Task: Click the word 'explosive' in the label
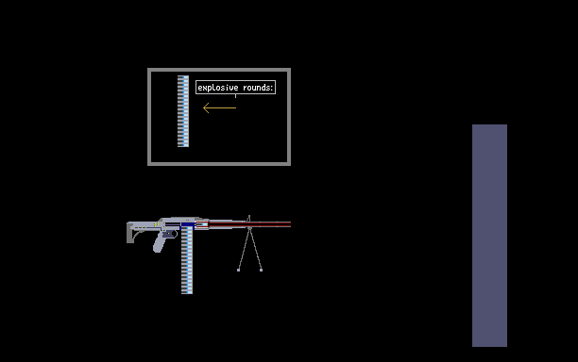tap(218, 88)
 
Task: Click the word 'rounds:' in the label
tap(258, 88)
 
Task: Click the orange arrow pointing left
tap(220, 107)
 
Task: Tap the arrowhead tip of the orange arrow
tap(203, 107)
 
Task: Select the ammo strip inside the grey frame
tap(183, 111)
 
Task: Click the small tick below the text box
tap(235, 96)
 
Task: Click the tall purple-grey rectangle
tap(489, 236)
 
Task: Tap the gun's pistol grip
tap(160, 243)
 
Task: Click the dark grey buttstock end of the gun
tap(130, 233)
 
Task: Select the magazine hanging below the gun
tap(187, 260)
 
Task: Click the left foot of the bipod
tap(239, 270)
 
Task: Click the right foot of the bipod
tap(261, 270)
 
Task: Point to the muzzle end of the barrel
tap(290, 224)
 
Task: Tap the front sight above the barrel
tap(249, 219)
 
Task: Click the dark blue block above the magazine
tap(188, 224)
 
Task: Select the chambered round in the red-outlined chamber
tap(201, 224)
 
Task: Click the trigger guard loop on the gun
tap(174, 234)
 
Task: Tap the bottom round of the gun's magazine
tap(187, 292)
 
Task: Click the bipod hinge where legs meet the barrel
tap(249, 228)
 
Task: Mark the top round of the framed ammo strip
tap(183, 77)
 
